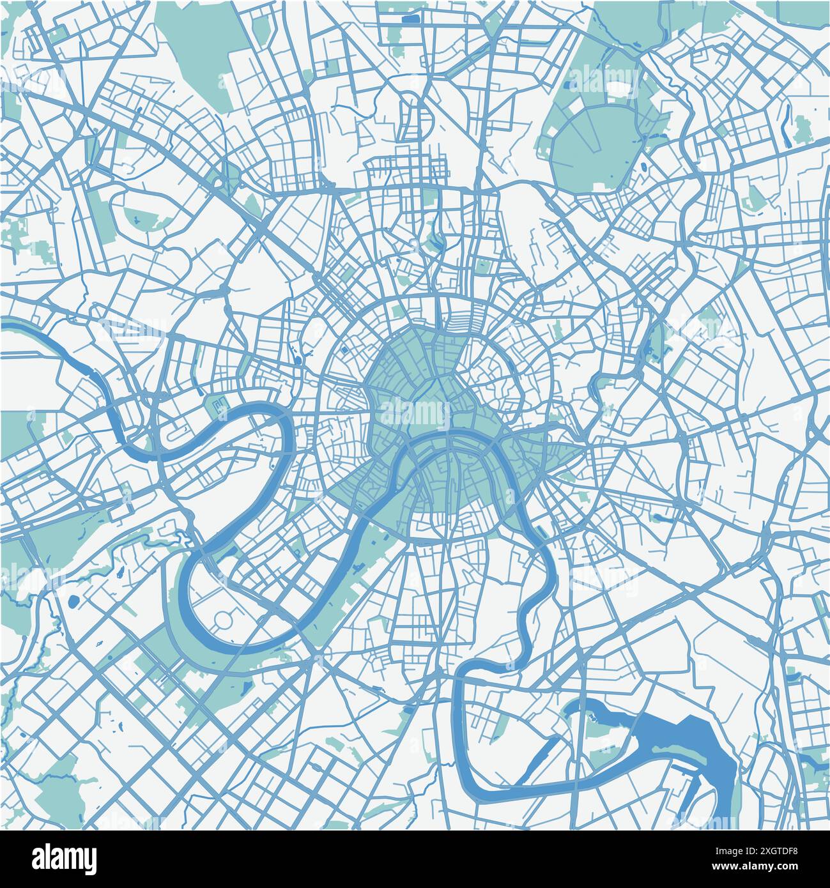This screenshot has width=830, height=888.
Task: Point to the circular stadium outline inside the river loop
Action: (x=224, y=618)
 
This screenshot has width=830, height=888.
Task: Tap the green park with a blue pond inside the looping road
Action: (x=137, y=217)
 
